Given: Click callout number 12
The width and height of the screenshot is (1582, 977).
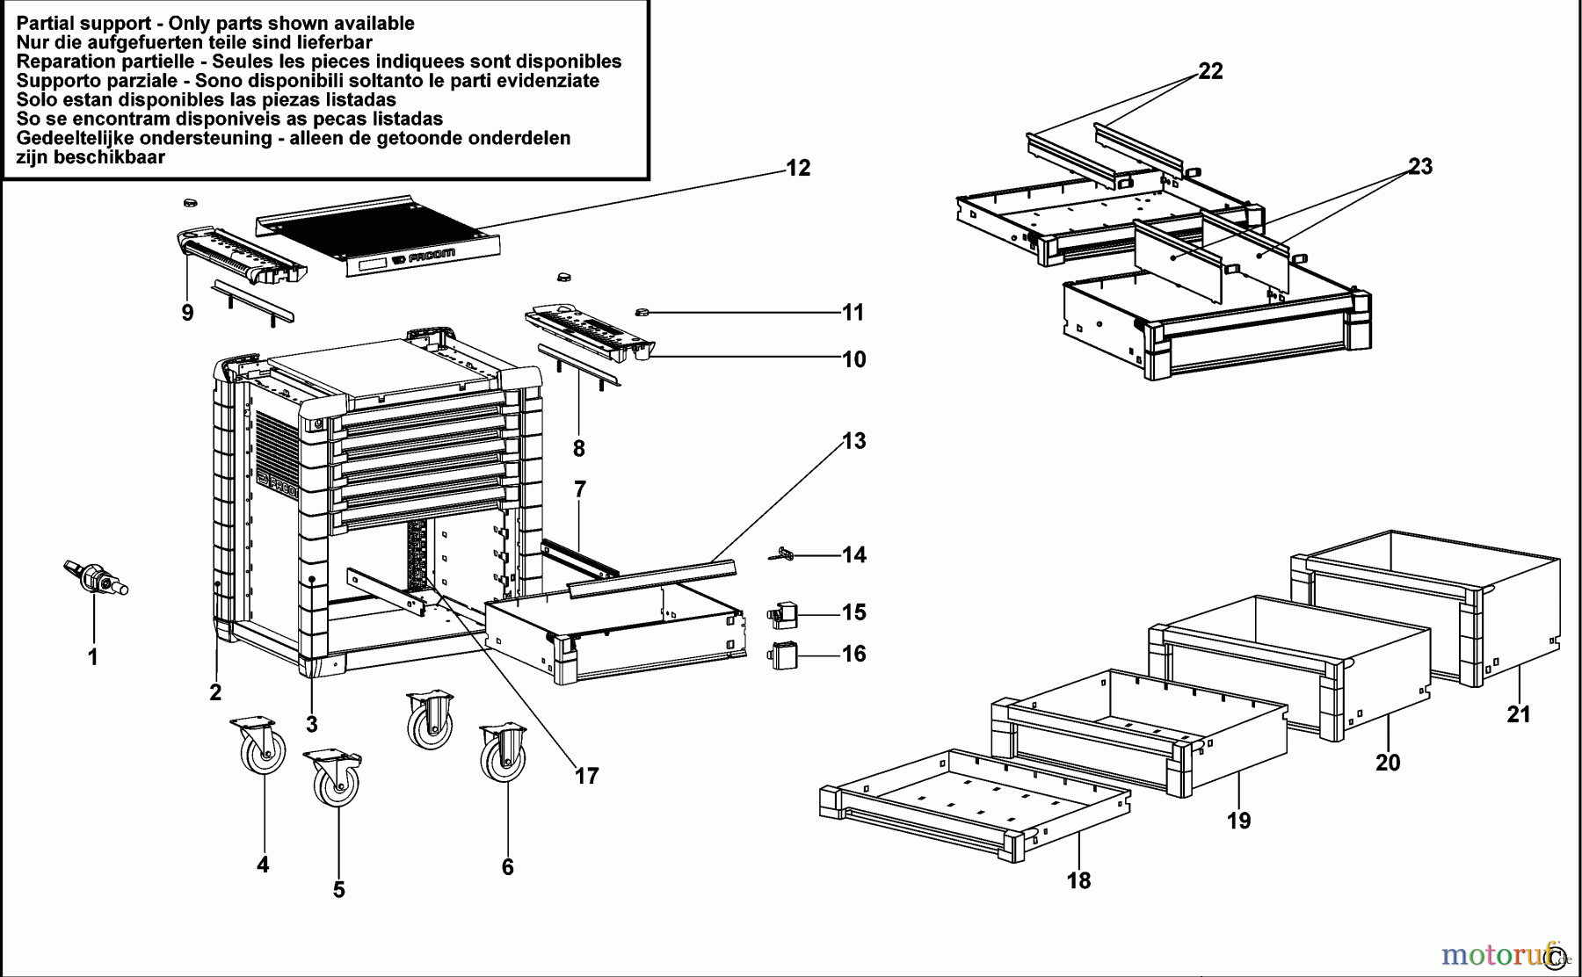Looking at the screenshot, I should [x=797, y=167].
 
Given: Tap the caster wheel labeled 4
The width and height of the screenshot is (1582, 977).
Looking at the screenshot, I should [x=261, y=747].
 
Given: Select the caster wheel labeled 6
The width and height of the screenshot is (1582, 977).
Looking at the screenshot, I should [x=504, y=754].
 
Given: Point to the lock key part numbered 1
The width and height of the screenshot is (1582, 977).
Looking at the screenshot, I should [x=95, y=577].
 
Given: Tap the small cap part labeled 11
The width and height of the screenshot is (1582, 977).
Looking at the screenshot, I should [x=642, y=312].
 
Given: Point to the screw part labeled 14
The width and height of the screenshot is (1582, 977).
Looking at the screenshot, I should [x=785, y=554].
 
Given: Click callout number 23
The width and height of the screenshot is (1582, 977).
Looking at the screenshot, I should [x=1419, y=166].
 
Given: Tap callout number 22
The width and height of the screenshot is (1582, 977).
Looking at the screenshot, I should [x=1210, y=71].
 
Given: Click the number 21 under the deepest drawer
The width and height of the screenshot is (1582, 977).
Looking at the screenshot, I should [x=1518, y=714].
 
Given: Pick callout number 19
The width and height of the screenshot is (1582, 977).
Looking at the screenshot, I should [x=1238, y=820].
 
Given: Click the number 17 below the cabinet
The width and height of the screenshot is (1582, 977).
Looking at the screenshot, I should [x=586, y=775].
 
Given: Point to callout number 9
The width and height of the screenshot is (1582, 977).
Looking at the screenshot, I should [x=187, y=312].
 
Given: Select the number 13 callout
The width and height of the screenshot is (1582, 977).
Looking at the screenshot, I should [x=853, y=440].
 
